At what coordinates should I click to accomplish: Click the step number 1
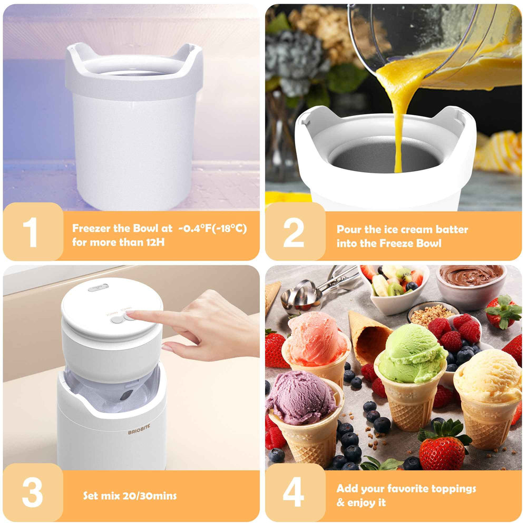30,232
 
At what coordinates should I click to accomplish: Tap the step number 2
294,232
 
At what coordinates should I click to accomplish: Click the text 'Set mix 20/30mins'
130,496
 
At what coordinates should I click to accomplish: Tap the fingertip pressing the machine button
130,315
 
